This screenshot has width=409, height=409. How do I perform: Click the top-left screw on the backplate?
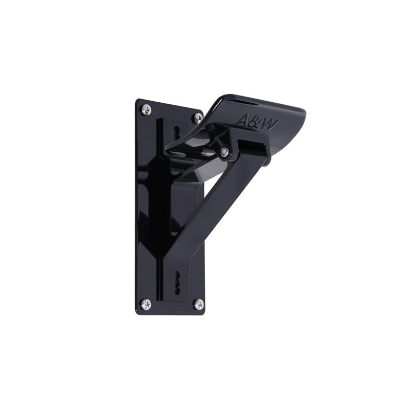click(146, 109)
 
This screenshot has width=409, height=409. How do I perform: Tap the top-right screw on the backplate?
click(197, 118)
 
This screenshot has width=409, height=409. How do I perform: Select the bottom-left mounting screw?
click(146, 304)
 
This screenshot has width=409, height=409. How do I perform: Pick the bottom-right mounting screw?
click(198, 304)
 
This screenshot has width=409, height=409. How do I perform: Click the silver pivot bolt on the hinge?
click(224, 151)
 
